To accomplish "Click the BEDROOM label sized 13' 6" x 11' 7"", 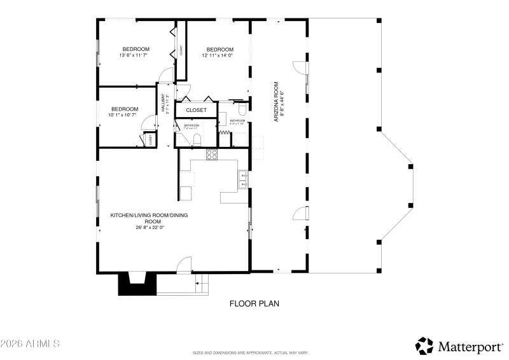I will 136,50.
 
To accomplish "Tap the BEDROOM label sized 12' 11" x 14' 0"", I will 219,50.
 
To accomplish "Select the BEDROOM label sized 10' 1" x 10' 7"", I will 124,109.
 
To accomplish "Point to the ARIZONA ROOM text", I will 276,101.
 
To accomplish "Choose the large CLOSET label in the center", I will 196,110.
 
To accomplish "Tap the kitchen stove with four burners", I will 211,153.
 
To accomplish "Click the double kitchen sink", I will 243,180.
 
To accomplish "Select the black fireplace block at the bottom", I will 137,284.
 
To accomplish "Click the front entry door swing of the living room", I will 185,264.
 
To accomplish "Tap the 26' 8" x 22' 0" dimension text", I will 150,228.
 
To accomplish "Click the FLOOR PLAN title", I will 254,304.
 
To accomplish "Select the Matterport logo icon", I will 424,345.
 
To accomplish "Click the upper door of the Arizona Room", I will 298,67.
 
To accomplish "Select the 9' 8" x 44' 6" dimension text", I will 282,101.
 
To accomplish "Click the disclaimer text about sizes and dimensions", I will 250,352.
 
